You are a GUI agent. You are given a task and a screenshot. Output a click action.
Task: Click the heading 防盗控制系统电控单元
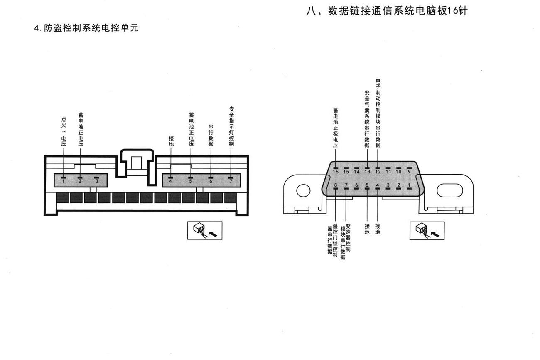91,28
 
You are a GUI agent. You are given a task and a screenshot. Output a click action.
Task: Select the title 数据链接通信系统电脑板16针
398,11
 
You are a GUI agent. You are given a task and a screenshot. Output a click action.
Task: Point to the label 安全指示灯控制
231,126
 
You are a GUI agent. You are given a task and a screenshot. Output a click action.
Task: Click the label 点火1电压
64,132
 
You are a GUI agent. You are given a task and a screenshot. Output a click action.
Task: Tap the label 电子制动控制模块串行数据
378,113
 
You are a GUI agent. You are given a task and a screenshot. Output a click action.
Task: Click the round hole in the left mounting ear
303,191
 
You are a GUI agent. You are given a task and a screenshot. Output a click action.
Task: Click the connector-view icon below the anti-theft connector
205,230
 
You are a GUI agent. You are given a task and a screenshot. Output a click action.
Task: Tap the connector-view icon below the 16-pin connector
427,231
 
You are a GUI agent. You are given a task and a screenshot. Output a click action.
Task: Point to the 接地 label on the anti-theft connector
171,141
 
